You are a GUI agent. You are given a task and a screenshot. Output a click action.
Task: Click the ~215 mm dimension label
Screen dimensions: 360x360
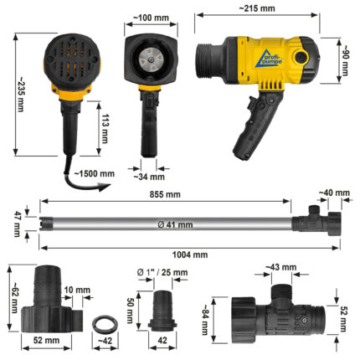pos(257,8)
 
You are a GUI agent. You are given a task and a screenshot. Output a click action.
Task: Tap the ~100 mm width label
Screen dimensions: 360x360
pos(151,18)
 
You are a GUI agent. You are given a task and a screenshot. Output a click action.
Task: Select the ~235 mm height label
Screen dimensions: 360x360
pos(20,95)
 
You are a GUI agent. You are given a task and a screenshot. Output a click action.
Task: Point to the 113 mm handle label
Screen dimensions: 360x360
pos(105,128)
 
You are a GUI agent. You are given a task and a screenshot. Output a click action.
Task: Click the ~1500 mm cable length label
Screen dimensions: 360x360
pos(95,173)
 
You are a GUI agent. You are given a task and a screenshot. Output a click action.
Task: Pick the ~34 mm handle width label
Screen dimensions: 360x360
pos(149,177)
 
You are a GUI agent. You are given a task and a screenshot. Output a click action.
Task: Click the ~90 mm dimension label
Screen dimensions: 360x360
pos(345,60)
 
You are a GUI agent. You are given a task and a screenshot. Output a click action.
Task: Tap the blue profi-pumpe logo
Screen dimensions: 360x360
pos(269,59)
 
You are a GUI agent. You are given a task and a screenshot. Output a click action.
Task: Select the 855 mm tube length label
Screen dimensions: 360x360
pos(165,194)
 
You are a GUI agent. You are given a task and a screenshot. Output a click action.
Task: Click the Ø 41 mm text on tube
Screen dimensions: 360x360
pos(175,224)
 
